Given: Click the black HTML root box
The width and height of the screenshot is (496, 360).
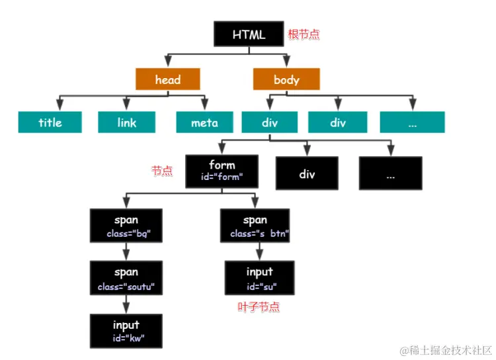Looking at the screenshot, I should point(249,34).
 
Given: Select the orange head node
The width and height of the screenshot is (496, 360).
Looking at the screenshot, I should point(168,79).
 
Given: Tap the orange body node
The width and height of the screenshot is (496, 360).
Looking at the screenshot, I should point(286,79).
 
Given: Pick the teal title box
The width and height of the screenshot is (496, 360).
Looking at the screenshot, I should point(50,122).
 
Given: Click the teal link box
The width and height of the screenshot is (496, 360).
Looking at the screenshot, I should point(127,122).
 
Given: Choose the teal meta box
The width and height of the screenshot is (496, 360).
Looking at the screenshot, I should point(204,122).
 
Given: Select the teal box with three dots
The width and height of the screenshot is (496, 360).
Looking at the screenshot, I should point(412,122).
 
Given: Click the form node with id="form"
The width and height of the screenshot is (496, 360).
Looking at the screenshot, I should point(222,171).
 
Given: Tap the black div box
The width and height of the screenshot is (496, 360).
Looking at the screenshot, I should point(307,174).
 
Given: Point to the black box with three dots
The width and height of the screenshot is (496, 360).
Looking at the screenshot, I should point(390,174).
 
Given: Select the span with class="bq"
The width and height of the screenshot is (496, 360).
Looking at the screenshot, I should point(126,226).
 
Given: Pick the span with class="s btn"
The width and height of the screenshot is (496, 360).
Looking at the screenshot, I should point(255,226).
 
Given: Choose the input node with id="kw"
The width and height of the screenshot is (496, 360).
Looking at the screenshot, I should point(126,330).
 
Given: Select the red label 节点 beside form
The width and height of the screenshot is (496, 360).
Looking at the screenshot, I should point(162,171).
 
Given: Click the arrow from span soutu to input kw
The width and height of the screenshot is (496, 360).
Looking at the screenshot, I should point(126,304).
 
